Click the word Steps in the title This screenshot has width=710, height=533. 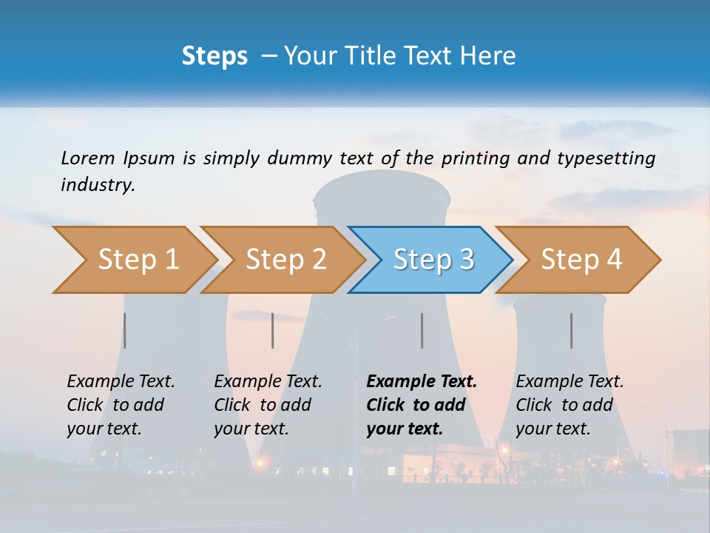(x=214, y=56)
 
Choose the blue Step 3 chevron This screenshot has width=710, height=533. (x=433, y=260)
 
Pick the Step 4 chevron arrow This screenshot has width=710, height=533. (x=581, y=260)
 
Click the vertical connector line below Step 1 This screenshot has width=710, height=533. (x=125, y=330)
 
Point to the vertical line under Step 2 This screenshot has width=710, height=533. (x=273, y=330)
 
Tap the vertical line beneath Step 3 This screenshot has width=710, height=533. (x=422, y=330)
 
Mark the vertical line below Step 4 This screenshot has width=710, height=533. (x=572, y=330)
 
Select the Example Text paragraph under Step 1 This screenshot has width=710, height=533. (x=121, y=405)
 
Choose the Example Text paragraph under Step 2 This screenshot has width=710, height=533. (x=268, y=405)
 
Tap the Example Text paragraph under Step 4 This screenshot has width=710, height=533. (x=569, y=405)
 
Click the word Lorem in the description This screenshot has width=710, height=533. (x=87, y=158)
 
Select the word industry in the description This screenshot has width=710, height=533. (x=97, y=185)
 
